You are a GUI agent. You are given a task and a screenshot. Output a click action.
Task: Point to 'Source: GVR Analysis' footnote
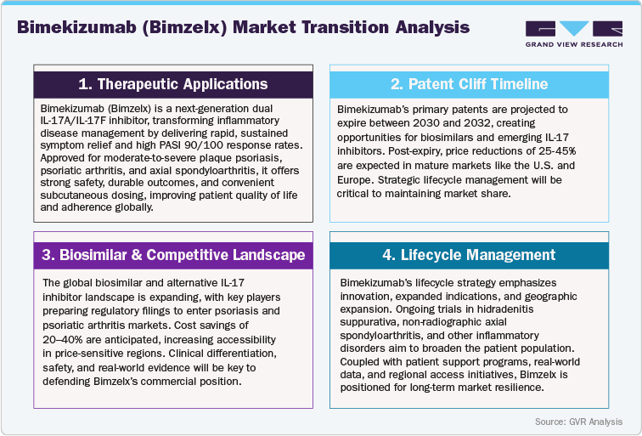tap(578, 422)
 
